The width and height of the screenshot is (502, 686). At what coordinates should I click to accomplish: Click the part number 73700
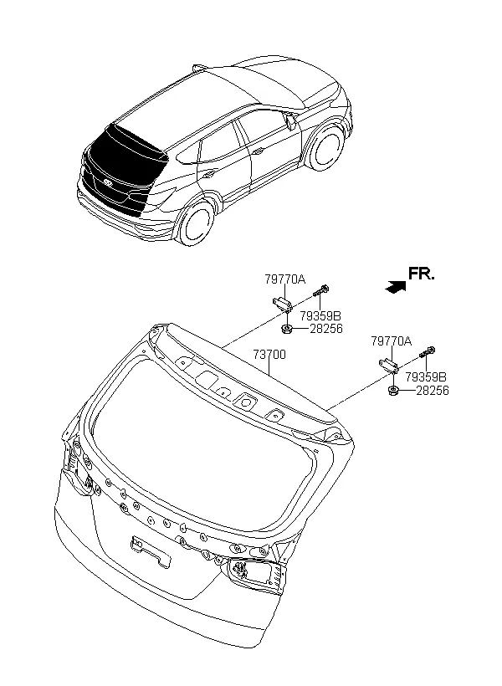(x=269, y=355)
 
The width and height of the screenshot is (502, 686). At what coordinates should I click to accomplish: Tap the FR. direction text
(x=422, y=274)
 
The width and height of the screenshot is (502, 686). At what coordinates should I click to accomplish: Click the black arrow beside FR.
(x=395, y=287)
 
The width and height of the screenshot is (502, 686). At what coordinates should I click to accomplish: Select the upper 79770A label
(x=285, y=279)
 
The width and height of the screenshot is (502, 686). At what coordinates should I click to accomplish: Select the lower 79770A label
(x=392, y=341)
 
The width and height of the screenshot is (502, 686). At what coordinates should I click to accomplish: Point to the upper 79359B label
(x=320, y=316)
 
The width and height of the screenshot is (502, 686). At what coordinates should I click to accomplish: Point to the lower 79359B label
(x=426, y=376)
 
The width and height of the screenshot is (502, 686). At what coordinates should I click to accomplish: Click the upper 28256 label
(x=326, y=329)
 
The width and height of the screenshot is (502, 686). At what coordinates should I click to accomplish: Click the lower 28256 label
(x=433, y=391)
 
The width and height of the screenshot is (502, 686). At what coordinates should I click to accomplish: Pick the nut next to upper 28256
(x=287, y=330)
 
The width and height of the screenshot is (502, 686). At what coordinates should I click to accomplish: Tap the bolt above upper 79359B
(x=321, y=290)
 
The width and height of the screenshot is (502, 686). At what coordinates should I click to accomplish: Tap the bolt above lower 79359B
(x=428, y=351)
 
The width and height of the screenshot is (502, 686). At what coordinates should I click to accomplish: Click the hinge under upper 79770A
(x=282, y=304)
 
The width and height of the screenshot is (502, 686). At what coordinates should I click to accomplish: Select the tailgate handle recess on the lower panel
(x=150, y=551)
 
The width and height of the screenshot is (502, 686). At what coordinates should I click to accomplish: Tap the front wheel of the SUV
(x=326, y=148)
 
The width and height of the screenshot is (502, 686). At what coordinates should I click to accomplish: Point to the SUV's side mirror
(x=289, y=121)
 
